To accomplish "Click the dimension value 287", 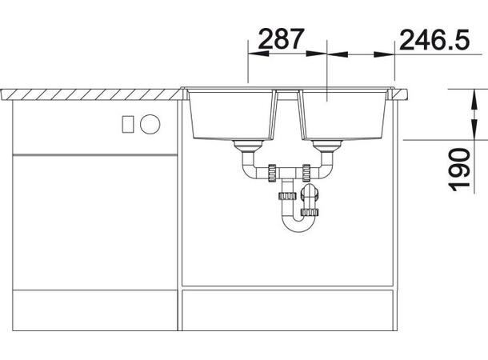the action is coord(281,39).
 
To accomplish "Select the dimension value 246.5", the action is coord(434,40).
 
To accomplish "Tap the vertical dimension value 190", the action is coord(459,170).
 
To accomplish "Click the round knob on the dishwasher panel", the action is coord(150,124).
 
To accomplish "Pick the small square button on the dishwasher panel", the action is coord(128,124).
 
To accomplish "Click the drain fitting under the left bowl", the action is coord(249,146).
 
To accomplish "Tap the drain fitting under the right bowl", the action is coord(327,146).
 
